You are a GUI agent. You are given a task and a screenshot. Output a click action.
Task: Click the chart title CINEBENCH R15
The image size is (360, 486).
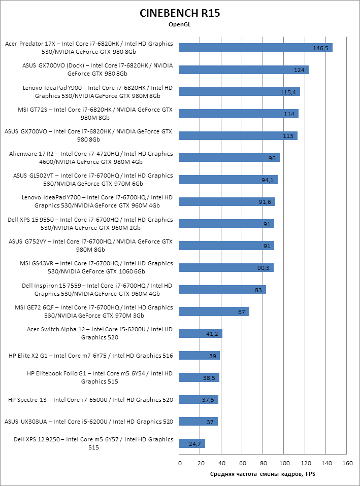[x=180, y=13]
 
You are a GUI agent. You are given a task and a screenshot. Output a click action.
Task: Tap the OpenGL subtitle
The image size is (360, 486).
[x=180, y=24]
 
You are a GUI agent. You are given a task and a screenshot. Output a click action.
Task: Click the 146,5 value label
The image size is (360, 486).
[x=321, y=48]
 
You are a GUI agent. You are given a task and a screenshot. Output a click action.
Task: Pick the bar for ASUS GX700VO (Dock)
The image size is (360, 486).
[x=244, y=70]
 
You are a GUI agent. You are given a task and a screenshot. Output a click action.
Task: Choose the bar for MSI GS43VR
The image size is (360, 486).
[x=226, y=267]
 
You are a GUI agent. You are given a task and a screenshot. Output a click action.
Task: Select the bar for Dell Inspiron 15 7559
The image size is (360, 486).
[x=222, y=289]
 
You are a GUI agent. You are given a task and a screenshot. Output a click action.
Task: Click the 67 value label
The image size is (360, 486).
[x=242, y=311]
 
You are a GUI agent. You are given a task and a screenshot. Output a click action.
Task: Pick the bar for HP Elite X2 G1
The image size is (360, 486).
[x=200, y=356]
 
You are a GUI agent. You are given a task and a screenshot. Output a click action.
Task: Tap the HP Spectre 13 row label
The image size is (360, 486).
[x=90, y=400]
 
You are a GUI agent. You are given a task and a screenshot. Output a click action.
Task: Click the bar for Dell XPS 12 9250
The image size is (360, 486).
[x=192, y=443]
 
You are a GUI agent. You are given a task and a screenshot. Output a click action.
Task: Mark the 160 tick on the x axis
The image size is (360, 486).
[x=347, y=463]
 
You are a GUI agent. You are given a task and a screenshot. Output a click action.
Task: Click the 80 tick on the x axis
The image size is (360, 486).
[x=264, y=463]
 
